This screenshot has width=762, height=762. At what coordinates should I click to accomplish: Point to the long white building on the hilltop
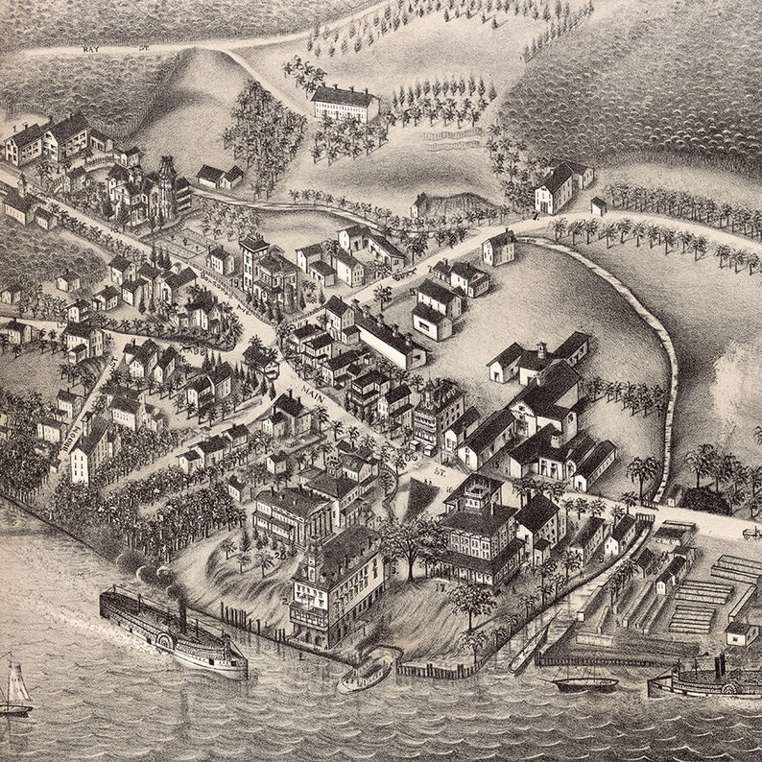[345, 103]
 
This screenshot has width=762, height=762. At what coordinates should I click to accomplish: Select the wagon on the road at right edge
[750, 533]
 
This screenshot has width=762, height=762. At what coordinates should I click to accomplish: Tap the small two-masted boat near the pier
[584, 682]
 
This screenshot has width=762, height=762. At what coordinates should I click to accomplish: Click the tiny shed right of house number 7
[598, 206]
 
